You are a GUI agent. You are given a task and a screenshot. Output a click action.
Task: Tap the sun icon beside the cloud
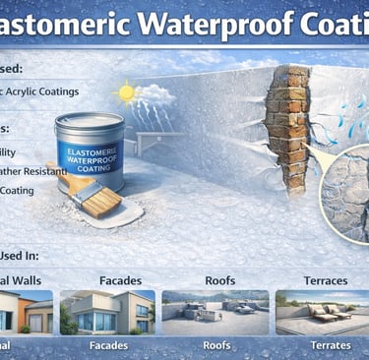(x=126, y=93)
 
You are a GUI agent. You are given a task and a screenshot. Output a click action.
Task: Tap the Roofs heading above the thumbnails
(x=218, y=280)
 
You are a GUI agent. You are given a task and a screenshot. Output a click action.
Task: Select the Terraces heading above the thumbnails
(x=325, y=280)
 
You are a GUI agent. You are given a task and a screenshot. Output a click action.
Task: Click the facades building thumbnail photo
(x=107, y=312)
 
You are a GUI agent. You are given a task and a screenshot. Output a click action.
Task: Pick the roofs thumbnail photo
(x=215, y=312)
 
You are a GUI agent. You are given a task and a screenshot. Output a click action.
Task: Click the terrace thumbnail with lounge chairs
(x=323, y=312)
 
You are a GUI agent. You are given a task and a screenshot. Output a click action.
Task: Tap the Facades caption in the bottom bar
(x=108, y=346)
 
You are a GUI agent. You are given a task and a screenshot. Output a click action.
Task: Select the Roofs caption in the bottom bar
(x=216, y=346)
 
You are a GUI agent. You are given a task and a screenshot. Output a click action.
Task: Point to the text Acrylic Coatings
(x=44, y=91)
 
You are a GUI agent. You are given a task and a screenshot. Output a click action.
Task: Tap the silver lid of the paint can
(x=90, y=122)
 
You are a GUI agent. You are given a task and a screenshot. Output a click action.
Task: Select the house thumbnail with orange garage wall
(x=25, y=312)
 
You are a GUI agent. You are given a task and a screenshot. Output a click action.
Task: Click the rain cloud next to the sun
(x=154, y=95)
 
